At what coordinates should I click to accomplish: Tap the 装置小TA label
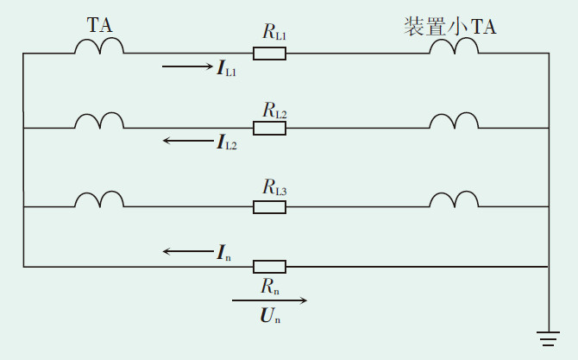point(449,27)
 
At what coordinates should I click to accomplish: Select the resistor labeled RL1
point(269,54)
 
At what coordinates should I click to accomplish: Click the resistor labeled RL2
point(269,128)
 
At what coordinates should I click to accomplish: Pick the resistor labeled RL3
point(269,206)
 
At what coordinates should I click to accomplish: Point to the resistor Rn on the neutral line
point(269,267)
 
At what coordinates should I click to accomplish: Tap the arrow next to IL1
point(185,66)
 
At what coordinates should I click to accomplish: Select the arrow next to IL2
point(186,140)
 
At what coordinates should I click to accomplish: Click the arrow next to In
point(186,251)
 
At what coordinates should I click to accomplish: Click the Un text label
point(270,317)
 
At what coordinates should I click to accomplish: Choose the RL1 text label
point(274,34)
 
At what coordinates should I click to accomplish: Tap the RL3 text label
point(274,186)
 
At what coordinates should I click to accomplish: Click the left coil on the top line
point(98,47)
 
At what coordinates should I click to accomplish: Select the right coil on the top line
point(454,47)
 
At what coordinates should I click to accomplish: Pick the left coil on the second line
point(98,121)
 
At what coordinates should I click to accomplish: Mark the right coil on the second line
point(454,121)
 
